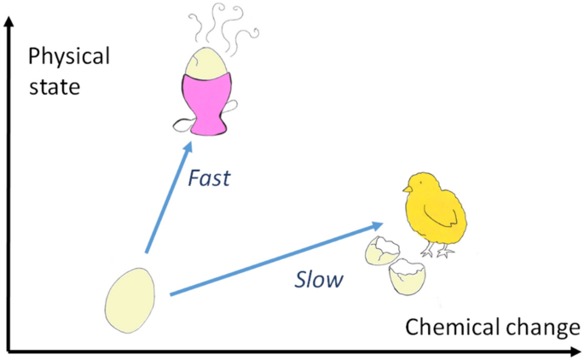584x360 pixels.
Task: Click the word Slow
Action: tap(318, 279)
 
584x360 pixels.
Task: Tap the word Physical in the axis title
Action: tap(69, 58)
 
